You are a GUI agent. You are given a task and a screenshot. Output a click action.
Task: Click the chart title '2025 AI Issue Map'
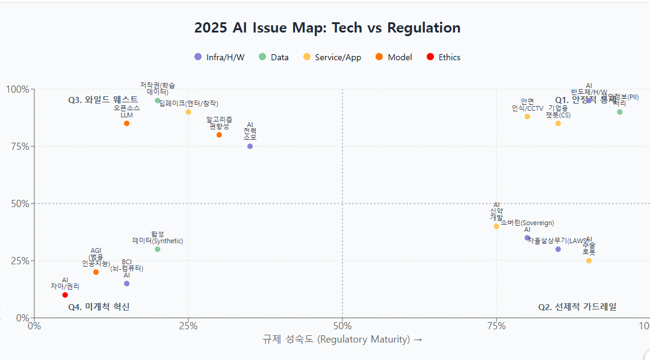[327, 28]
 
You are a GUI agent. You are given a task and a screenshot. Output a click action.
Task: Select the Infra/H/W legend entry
[219, 57]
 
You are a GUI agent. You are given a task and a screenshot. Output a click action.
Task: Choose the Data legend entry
[273, 57]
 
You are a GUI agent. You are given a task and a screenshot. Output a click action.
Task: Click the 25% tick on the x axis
[188, 326]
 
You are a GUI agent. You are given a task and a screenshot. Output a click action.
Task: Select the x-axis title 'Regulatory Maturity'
[342, 340]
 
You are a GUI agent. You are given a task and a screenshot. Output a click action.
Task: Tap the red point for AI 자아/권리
[65, 295]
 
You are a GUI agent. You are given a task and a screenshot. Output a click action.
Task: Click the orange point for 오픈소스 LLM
[126, 123]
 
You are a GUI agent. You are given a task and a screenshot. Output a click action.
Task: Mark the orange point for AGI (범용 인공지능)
[96, 272]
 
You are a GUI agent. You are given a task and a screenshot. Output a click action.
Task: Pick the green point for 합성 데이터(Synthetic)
[158, 249]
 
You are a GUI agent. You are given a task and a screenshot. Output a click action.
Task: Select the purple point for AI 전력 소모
[250, 146]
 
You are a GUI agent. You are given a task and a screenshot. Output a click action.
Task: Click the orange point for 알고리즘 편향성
[219, 135]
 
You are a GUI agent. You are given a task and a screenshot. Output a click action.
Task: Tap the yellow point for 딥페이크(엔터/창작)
[188, 112]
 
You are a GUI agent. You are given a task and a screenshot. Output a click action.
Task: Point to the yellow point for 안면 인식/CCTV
[527, 117]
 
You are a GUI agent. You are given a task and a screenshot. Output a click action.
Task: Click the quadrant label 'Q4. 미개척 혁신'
[99, 307]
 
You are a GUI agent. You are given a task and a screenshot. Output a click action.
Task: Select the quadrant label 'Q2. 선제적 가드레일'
[577, 307]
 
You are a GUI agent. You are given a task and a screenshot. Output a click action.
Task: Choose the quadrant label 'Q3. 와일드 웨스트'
[103, 100]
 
